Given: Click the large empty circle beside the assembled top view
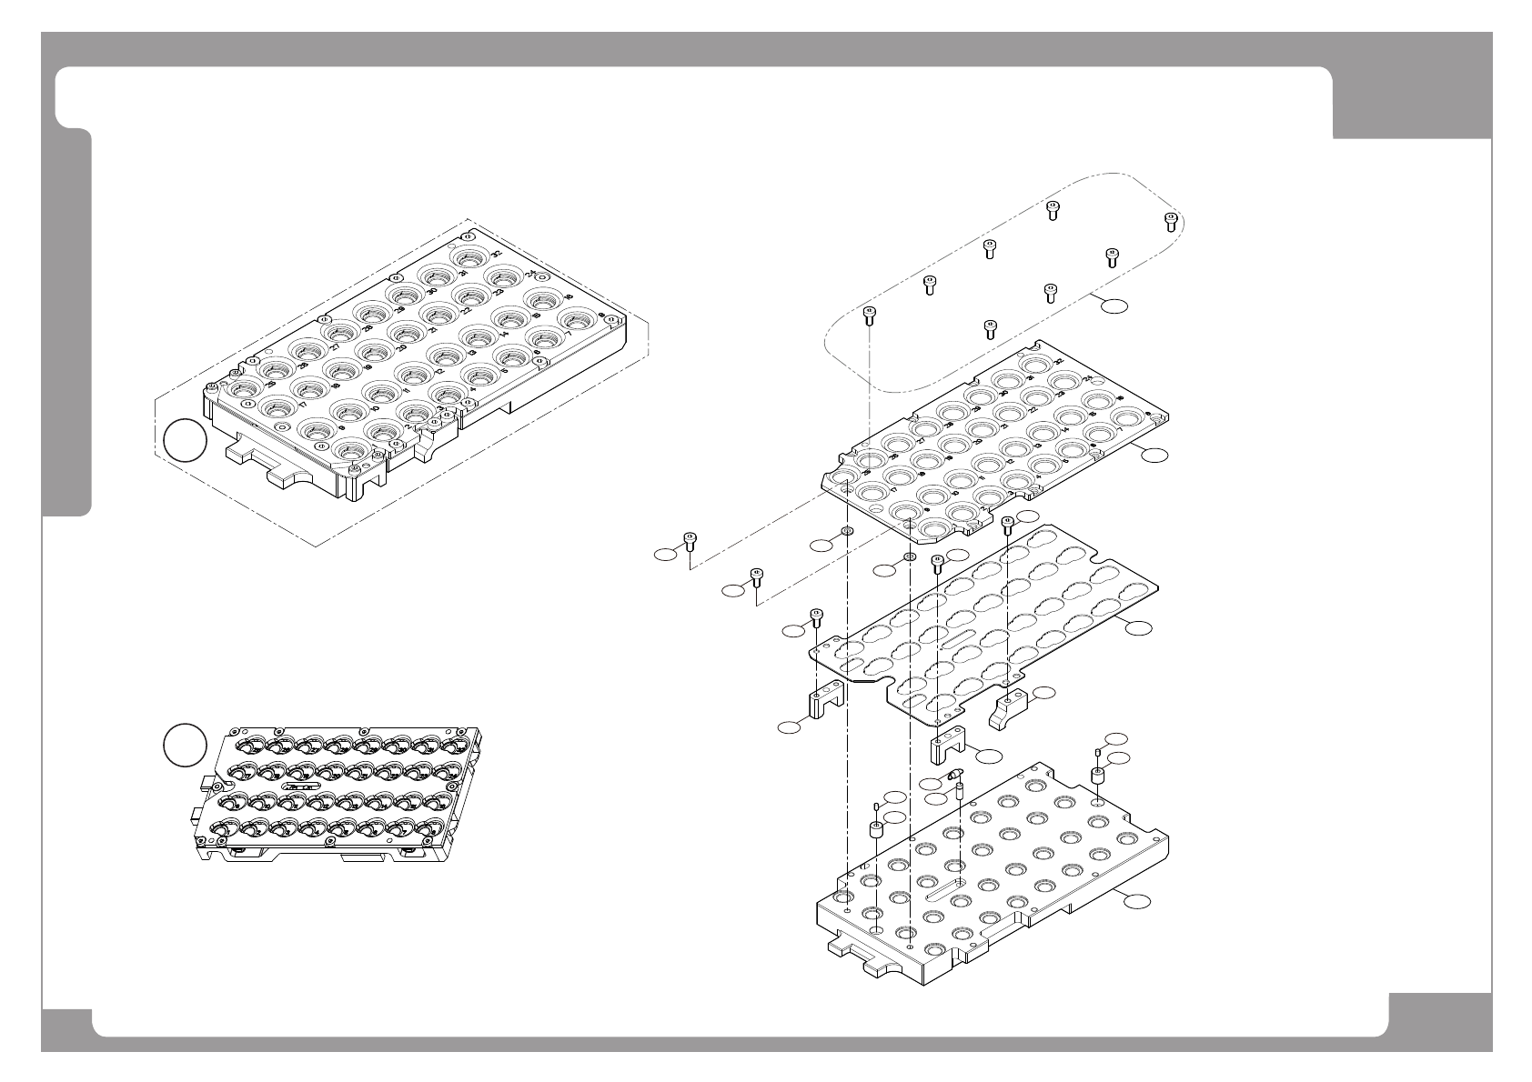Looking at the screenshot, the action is (185, 441).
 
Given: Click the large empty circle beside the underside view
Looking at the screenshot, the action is (185, 745).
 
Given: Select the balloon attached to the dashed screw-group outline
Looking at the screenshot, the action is (1113, 306).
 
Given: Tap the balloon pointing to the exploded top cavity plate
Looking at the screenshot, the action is (1154, 455).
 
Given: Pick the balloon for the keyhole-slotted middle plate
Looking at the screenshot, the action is (1138, 626).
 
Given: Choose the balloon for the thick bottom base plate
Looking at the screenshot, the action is (1134, 901).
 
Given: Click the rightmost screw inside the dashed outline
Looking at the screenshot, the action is (1171, 220).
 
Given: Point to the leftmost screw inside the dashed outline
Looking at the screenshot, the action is (869, 316).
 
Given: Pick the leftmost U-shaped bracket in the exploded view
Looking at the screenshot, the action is (825, 701).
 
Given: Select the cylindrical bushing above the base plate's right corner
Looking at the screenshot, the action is (1098, 776).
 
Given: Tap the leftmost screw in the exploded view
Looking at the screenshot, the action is (690, 541).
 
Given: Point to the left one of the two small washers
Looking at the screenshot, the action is (846, 531).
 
